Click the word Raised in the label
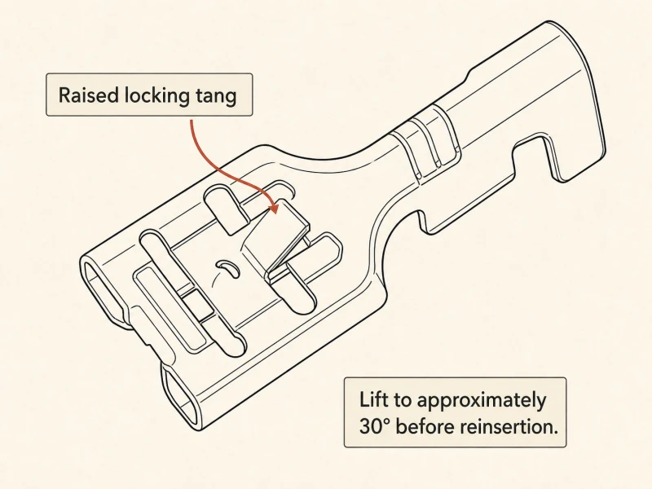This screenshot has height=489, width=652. click(89, 95)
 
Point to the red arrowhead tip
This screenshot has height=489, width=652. click(275, 214)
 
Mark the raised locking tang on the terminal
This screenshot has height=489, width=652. click(275, 237)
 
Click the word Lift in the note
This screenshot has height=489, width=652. click(374, 399)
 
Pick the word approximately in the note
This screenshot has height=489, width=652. click(481, 401)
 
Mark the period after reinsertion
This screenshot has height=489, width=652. click(555, 433)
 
